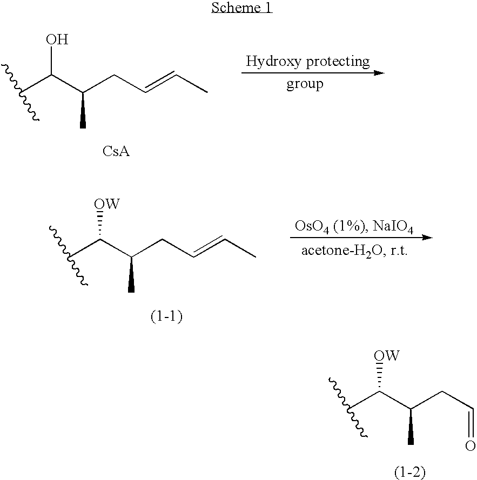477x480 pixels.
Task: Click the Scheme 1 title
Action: (241, 8)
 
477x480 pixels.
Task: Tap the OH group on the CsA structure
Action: (57, 39)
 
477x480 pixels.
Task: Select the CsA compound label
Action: (116, 151)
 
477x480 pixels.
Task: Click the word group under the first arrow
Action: (305, 84)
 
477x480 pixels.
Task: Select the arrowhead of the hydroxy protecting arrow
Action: (379, 73)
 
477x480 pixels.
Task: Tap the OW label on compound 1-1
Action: (107, 204)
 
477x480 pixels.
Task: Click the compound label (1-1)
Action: (166, 316)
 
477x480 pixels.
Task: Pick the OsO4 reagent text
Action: (312, 227)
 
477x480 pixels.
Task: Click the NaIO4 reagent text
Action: (393, 227)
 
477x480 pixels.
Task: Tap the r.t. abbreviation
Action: (399, 251)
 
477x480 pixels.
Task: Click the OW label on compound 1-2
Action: (387, 356)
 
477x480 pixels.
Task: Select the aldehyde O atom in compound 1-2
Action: (471, 446)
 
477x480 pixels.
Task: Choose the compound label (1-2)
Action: (410, 472)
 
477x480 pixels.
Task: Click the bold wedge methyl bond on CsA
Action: (83, 110)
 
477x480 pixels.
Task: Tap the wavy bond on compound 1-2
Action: (348, 408)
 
